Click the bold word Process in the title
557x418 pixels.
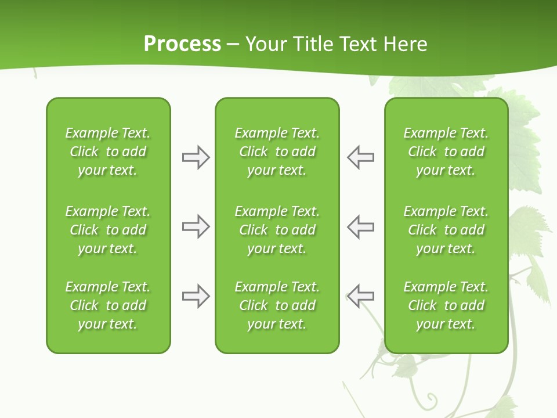click(182, 44)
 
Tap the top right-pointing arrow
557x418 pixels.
click(196, 157)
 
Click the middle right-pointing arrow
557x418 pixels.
click(196, 226)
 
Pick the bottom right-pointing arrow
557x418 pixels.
click(196, 296)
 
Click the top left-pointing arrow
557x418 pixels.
click(360, 157)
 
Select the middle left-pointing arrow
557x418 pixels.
click(360, 226)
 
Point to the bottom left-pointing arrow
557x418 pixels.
click(360, 296)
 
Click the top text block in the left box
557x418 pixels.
click(108, 152)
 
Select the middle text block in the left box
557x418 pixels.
click(108, 230)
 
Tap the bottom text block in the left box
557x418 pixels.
click(108, 305)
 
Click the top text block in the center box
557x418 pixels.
click(277, 152)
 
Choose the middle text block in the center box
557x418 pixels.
click(277, 230)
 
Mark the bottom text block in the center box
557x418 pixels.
click(277, 305)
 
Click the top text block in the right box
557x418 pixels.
click(446, 152)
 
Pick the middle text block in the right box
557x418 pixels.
click(446, 230)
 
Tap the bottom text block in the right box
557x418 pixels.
click(446, 305)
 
